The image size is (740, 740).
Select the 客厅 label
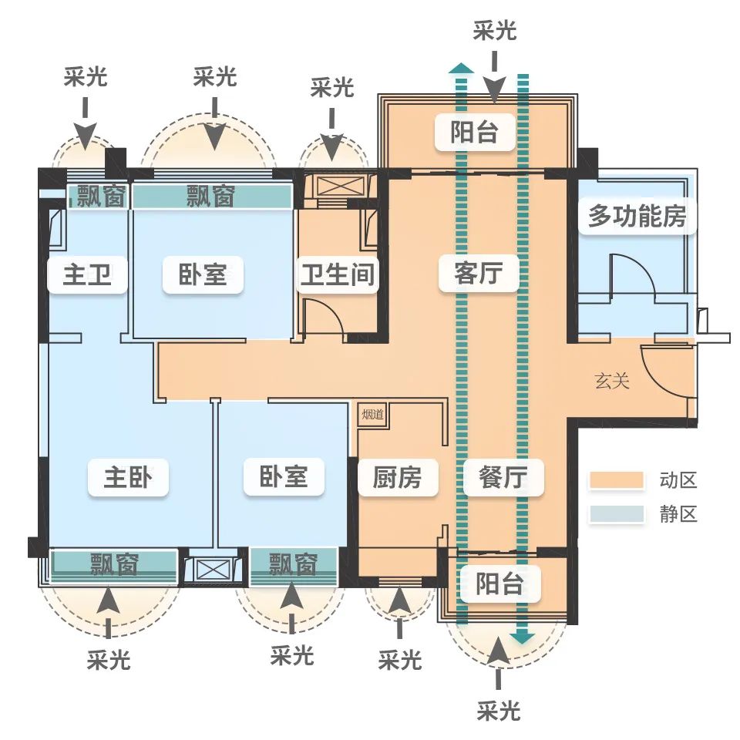click(x=478, y=273)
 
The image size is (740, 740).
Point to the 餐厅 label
click(x=503, y=477)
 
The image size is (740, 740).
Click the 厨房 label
click(x=398, y=477)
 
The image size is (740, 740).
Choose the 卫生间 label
click(x=338, y=274)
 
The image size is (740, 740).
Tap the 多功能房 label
click(x=637, y=216)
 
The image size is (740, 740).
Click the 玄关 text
click(x=611, y=381)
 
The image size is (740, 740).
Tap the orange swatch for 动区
click(x=616, y=480)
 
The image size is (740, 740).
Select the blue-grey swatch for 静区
click(x=616, y=514)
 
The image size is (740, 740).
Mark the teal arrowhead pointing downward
click(x=523, y=637)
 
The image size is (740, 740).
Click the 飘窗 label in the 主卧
click(x=113, y=565)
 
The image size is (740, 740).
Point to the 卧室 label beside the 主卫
click(x=203, y=274)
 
